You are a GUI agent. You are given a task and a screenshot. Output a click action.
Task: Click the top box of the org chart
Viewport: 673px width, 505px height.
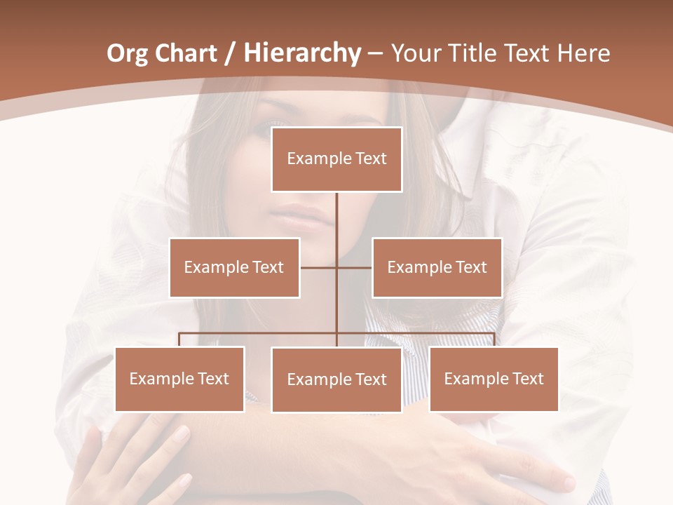[x=336, y=159]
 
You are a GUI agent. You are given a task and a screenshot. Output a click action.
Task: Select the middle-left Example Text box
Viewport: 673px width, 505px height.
[x=234, y=267]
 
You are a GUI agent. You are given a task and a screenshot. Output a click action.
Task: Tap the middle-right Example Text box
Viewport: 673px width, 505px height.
[x=437, y=267]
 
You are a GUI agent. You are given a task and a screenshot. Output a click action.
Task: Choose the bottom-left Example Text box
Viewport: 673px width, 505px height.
[x=179, y=379]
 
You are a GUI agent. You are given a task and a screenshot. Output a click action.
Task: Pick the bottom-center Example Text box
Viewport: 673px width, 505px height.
[x=336, y=379]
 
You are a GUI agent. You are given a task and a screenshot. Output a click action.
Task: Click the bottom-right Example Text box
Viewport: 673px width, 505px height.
[x=494, y=379]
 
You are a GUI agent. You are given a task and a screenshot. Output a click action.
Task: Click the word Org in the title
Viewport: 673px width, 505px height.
[x=127, y=53]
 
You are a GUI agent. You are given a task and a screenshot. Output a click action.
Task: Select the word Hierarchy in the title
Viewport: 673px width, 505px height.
[x=301, y=53]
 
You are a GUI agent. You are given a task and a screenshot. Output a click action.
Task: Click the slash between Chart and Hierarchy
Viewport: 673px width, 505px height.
[x=229, y=53]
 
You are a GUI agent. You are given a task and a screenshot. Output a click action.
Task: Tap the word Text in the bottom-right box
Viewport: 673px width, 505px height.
[x=527, y=379]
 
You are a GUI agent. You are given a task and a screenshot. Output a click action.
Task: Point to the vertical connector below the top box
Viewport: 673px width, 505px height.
[x=336, y=217]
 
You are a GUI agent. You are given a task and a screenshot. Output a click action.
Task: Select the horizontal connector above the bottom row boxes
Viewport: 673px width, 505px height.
[x=259, y=333]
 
